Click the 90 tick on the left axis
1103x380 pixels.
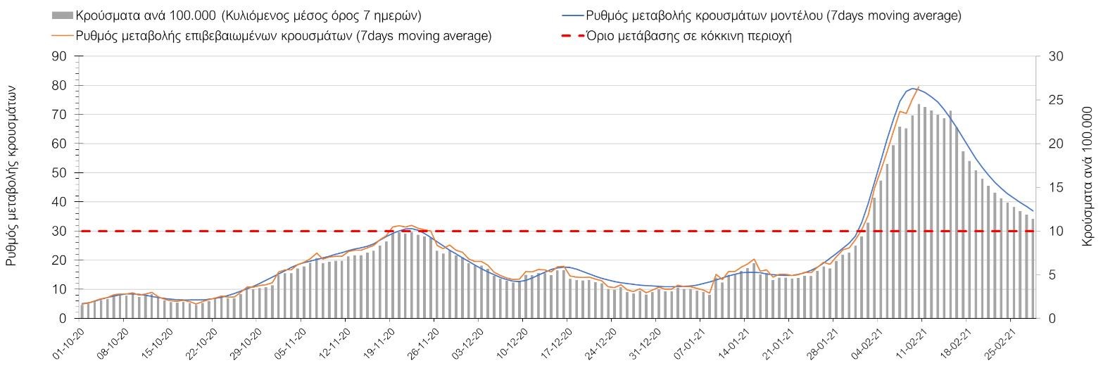pyautogui.click(x=59, y=56)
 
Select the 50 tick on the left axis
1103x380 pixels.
pyautogui.click(x=59, y=172)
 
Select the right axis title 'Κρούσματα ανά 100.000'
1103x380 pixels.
pyautogui.click(x=1088, y=176)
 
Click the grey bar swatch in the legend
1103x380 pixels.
pyautogui.click(x=62, y=15)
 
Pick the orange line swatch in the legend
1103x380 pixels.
pyautogui.click(x=62, y=36)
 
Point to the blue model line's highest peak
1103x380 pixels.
pyautogui.click(x=913, y=89)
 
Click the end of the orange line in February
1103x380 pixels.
pyautogui.click(x=919, y=87)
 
